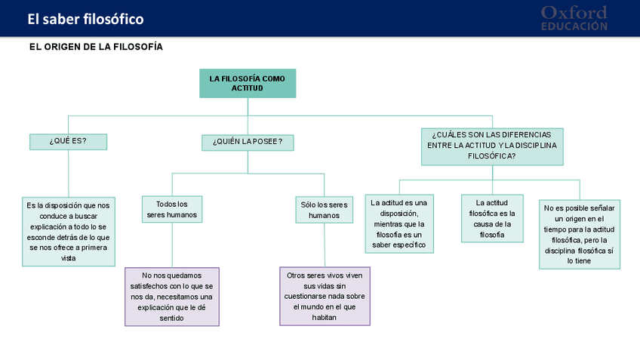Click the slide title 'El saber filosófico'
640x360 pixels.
pyautogui.click(x=85, y=19)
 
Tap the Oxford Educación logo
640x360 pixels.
pyautogui.click(x=574, y=18)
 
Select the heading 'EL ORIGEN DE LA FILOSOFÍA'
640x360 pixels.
pyautogui.click(x=96, y=47)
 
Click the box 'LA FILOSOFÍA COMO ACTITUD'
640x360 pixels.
pyautogui.click(x=248, y=84)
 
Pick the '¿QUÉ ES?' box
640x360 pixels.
pyautogui.click(x=68, y=141)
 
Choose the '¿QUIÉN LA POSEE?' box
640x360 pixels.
pyautogui.click(x=248, y=142)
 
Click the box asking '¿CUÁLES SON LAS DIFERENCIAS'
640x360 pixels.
pyautogui.click(x=491, y=146)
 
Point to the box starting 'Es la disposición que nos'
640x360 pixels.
pyautogui.click(x=68, y=232)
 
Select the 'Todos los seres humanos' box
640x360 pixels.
pyautogui.click(x=172, y=209)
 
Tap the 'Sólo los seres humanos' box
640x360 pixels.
pyautogui.click(x=325, y=210)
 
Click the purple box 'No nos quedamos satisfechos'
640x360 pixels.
pyautogui.click(x=172, y=297)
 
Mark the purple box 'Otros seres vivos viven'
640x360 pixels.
pyautogui.click(x=325, y=297)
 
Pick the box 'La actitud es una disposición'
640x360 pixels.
pyautogui.click(x=399, y=223)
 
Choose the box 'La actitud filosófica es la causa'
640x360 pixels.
pyautogui.click(x=492, y=218)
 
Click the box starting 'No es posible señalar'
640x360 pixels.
pyautogui.click(x=580, y=234)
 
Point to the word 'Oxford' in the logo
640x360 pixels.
pyautogui.click(x=574, y=12)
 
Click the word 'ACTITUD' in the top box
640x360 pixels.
pyautogui.click(x=248, y=88)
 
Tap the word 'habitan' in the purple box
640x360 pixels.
pyautogui.click(x=325, y=318)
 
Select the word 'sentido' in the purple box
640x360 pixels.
pyautogui.click(x=172, y=318)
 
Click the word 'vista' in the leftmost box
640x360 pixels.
pyautogui.click(x=68, y=258)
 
